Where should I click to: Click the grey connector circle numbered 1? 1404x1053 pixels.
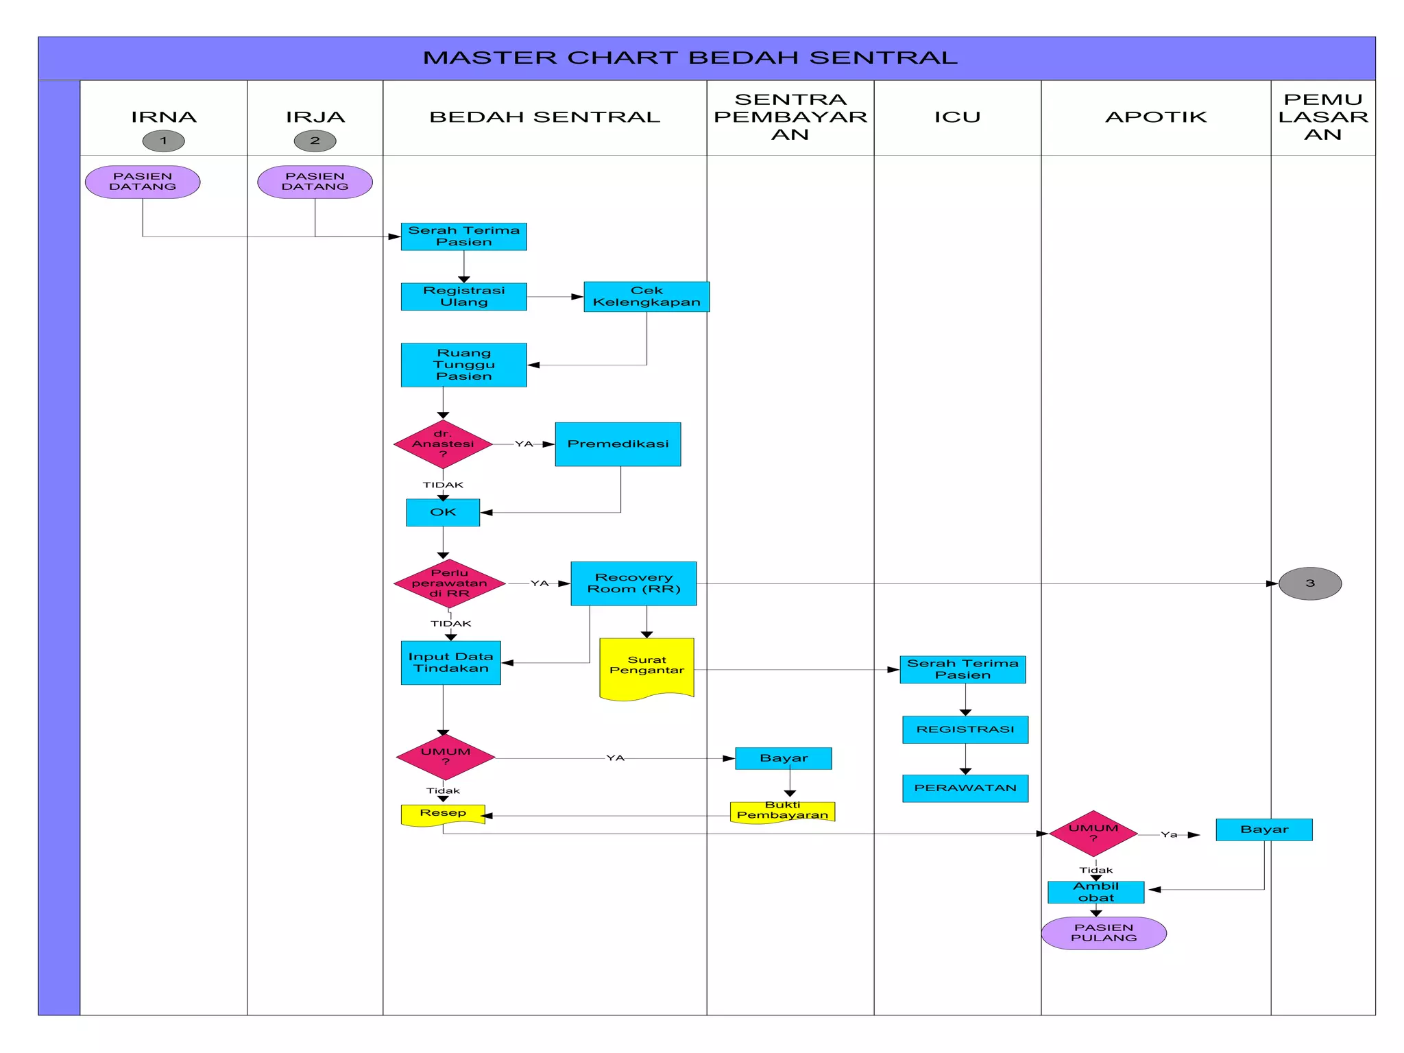[x=163, y=141]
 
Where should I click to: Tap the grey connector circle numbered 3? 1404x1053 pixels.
[x=1309, y=583]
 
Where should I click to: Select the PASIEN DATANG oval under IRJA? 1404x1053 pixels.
[x=315, y=182]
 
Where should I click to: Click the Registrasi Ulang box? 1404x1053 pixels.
[x=463, y=297]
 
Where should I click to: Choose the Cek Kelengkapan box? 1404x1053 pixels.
[x=646, y=297]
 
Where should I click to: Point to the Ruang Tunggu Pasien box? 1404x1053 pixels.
[x=463, y=365]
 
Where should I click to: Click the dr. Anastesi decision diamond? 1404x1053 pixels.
[x=443, y=444]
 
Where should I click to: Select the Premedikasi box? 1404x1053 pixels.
[x=618, y=444]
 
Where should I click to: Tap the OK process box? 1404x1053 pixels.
[x=443, y=513]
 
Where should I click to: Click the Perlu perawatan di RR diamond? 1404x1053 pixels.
[x=450, y=583]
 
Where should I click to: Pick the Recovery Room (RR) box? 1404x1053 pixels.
[x=633, y=583]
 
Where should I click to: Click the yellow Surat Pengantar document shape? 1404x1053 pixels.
[x=646, y=668]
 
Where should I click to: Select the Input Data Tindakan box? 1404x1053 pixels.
[x=450, y=663]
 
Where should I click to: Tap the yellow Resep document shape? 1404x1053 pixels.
[x=443, y=814]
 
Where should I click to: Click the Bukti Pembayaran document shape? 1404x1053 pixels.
[x=782, y=811]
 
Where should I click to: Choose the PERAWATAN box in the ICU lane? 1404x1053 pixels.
[x=965, y=788]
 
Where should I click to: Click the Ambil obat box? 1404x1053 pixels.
[x=1096, y=892]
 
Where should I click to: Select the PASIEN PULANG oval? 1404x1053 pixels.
[x=1104, y=933]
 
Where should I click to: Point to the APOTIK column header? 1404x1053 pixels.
[x=1156, y=117]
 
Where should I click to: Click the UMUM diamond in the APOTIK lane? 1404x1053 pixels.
[x=1093, y=834]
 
